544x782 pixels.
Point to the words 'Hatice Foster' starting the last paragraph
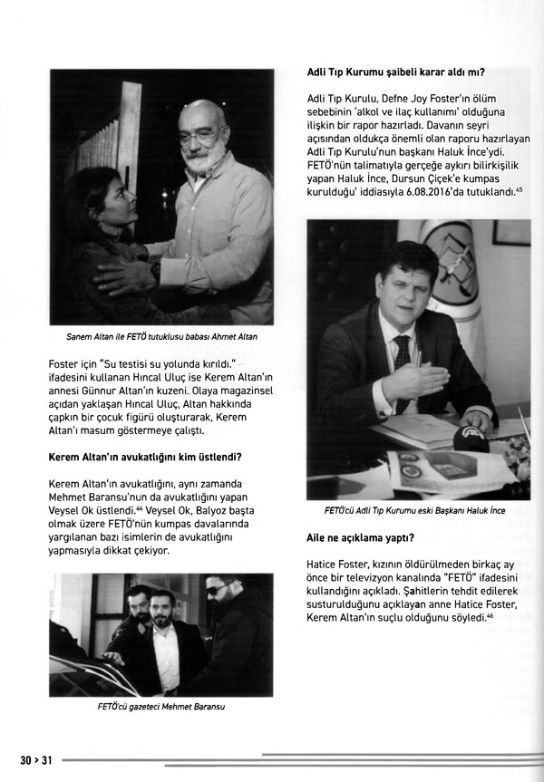(x=338, y=565)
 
